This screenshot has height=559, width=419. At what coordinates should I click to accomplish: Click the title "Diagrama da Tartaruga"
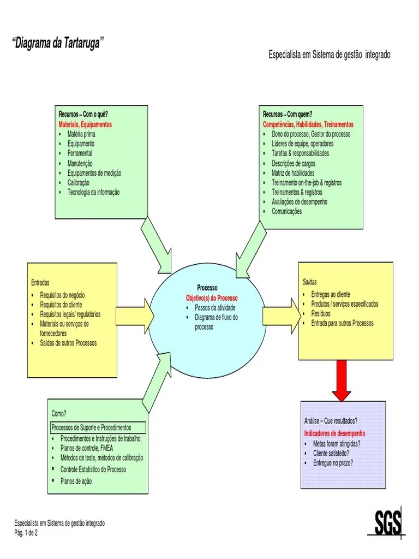(x=58, y=44)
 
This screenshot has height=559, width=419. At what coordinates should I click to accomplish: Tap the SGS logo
(x=388, y=524)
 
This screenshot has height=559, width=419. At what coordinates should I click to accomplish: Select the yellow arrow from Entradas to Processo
(x=135, y=316)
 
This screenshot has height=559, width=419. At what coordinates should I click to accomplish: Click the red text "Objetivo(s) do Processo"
(x=212, y=298)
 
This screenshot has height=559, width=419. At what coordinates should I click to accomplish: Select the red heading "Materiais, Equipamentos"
(x=85, y=124)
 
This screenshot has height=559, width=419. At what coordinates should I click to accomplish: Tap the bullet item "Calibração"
(x=79, y=182)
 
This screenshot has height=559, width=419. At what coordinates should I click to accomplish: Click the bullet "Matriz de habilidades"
(x=293, y=173)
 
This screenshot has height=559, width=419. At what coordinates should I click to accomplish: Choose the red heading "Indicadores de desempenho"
(x=334, y=433)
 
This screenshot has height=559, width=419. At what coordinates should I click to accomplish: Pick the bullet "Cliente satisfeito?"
(x=331, y=453)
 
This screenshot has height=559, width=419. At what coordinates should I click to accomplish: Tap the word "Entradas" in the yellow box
(x=40, y=283)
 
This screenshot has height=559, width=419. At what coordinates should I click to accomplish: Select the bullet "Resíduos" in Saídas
(x=321, y=314)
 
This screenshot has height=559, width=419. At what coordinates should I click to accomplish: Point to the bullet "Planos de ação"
(x=76, y=481)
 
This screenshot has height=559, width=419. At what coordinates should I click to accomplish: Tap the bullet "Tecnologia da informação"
(x=93, y=192)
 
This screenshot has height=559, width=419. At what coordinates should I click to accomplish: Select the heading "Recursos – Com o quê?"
(x=83, y=115)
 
